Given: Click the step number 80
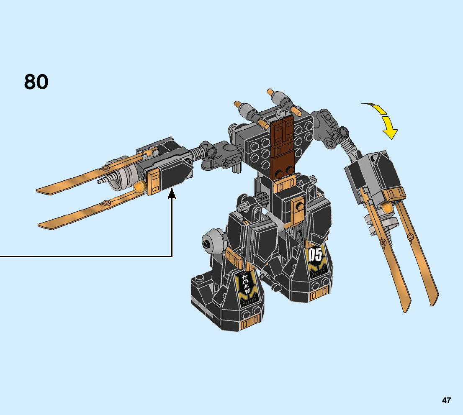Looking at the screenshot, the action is click(x=36, y=82).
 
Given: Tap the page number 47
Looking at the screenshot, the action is click(x=446, y=401).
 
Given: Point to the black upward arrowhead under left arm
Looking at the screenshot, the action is click(x=172, y=194).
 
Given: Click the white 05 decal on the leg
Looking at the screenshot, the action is click(x=316, y=255).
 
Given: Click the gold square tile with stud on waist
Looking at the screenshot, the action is click(x=299, y=206).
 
